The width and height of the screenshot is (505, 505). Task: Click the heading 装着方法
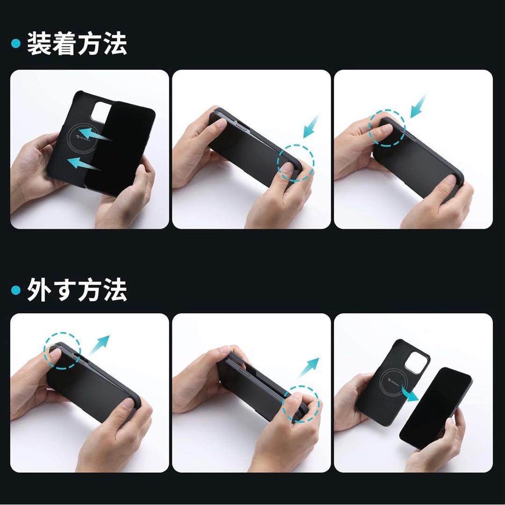[x=77, y=44]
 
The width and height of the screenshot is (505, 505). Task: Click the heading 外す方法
[x=77, y=290]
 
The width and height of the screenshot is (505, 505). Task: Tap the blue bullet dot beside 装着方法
[x=16, y=44]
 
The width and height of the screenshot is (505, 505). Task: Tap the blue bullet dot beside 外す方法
[x=16, y=290]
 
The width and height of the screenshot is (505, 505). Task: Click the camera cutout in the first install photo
[x=100, y=112]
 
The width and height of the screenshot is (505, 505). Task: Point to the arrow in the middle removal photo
[x=308, y=368]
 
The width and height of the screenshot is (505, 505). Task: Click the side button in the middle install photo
[x=244, y=130]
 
